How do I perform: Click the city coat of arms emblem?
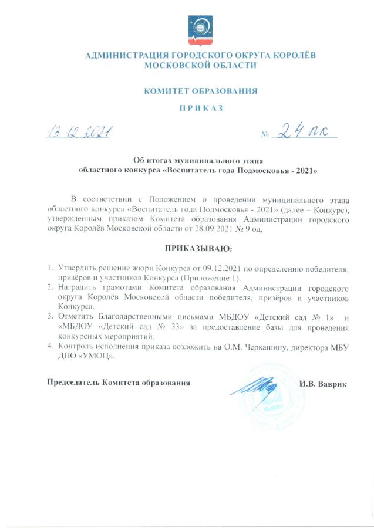click(200, 30)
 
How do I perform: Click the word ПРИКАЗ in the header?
click(200, 108)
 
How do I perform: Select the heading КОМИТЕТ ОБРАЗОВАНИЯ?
click(200, 91)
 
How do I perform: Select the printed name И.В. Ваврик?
click(323, 384)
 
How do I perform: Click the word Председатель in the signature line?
click(73, 383)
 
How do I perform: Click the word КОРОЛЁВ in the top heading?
click(291, 56)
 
